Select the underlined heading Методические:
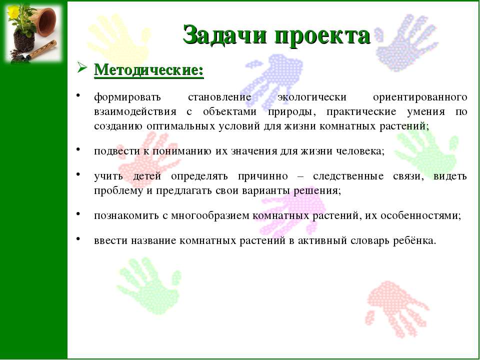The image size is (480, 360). [149, 70]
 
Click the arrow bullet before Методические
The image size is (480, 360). [82, 68]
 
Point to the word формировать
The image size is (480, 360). [127, 97]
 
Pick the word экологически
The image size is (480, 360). [312, 97]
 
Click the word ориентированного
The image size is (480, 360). [420, 97]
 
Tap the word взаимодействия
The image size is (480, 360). [135, 111]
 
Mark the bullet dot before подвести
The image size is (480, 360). [78, 149]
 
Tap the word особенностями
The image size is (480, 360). [421, 216]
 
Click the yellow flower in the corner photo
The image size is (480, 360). [13, 11]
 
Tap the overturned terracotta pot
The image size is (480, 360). [46, 21]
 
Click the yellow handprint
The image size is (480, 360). [119, 38]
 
